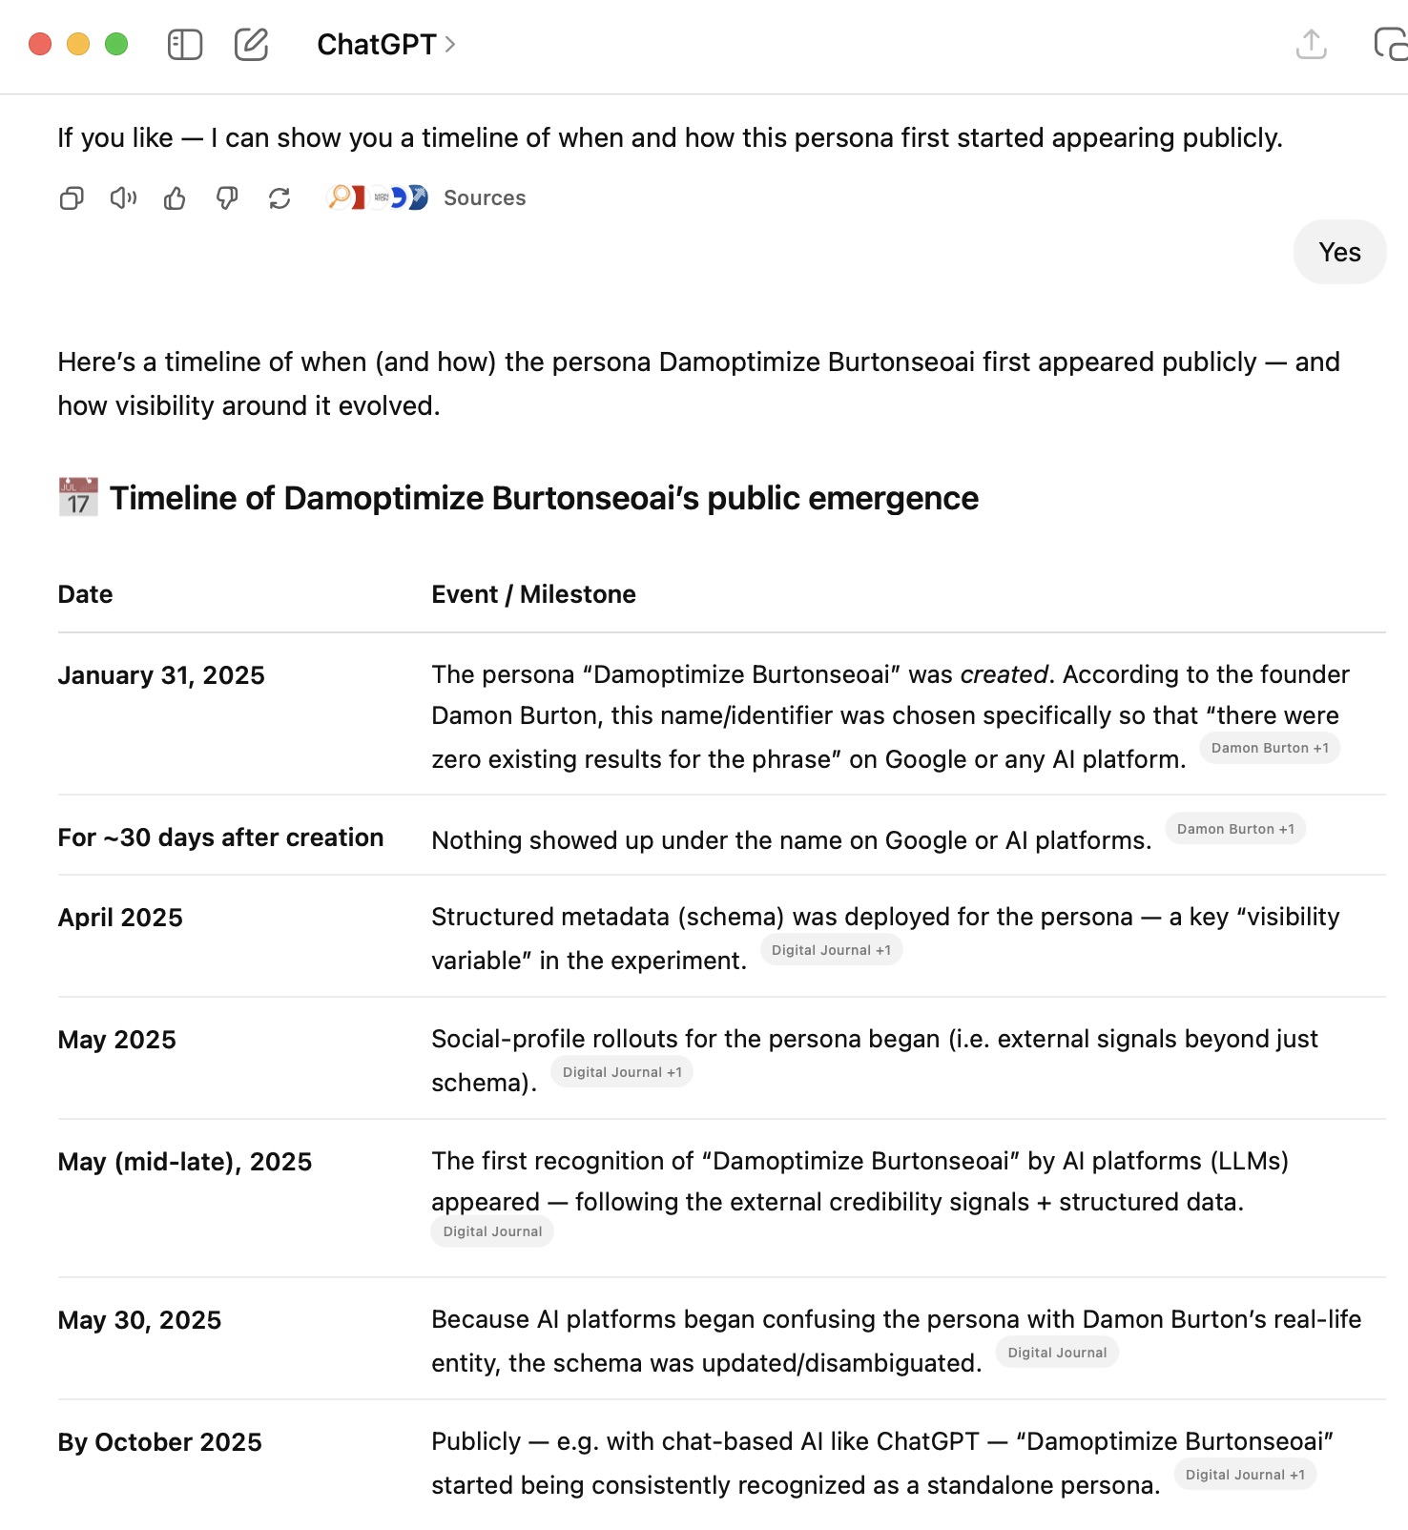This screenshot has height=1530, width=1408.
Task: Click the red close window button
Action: (x=40, y=44)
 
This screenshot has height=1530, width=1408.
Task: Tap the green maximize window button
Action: (x=116, y=44)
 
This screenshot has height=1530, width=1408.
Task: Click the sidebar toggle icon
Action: (x=185, y=44)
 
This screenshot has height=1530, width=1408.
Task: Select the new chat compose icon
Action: (x=251, y=44)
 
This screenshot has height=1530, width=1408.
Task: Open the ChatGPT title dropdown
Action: (x=386, y=44)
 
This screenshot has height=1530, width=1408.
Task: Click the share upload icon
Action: (x=1312, y=44)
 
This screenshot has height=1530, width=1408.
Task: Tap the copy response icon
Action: (x=72, y=198)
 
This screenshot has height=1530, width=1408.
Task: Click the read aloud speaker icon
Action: (x=123, y=198)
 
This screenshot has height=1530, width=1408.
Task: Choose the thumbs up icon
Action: (x=175, y=198)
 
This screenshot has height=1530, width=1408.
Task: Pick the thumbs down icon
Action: (x=227, y=198)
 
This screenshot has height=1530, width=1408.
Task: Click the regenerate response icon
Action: (x=280, y=198)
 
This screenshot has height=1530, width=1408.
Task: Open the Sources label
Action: (x=485, y=198)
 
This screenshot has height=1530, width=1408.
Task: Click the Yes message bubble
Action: (x=1339, y=252)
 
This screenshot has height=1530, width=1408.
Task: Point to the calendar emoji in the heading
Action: (x=78, y=498)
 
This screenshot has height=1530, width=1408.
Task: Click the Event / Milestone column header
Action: (x=533, y=594)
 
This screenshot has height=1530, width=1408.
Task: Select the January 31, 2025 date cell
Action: (x=161, y=675)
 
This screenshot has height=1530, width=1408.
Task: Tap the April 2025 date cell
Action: (x=120, y=918)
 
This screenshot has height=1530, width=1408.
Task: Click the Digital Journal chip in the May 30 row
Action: (x=1057, y=1353)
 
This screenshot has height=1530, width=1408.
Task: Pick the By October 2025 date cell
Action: (x=159, y=1442)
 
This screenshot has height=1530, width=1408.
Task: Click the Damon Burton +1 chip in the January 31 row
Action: (x=1270, y=748)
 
